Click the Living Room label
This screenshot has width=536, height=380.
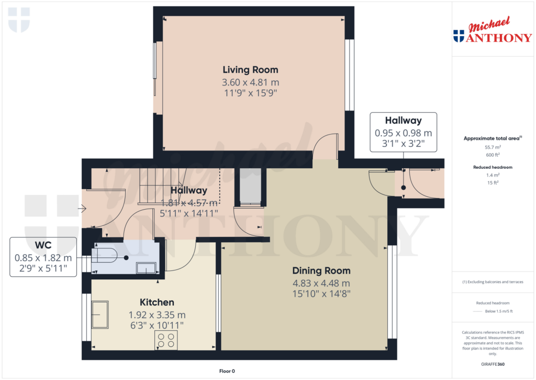[x=250, y=70]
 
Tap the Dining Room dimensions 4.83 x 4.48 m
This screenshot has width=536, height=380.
[x=321, y=283]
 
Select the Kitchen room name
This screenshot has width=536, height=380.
[x=157, y=302]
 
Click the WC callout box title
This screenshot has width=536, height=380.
[x=43, y=245]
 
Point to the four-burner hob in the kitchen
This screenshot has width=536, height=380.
[x=166, y=340]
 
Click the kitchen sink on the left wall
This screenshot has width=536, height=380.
[x=100, y=314]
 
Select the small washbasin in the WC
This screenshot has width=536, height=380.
[x=146, y=268]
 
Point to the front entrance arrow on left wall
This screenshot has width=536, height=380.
[x=82, y=209]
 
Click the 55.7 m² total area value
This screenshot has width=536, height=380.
[x=492, y=148]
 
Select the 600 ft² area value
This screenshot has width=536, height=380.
[x=492, y=155]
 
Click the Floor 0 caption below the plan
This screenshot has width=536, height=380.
[x=227, y=371]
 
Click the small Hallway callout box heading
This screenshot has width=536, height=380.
[x=403, y=121]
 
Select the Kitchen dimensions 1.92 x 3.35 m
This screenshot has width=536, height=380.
[x=157, y=315]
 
